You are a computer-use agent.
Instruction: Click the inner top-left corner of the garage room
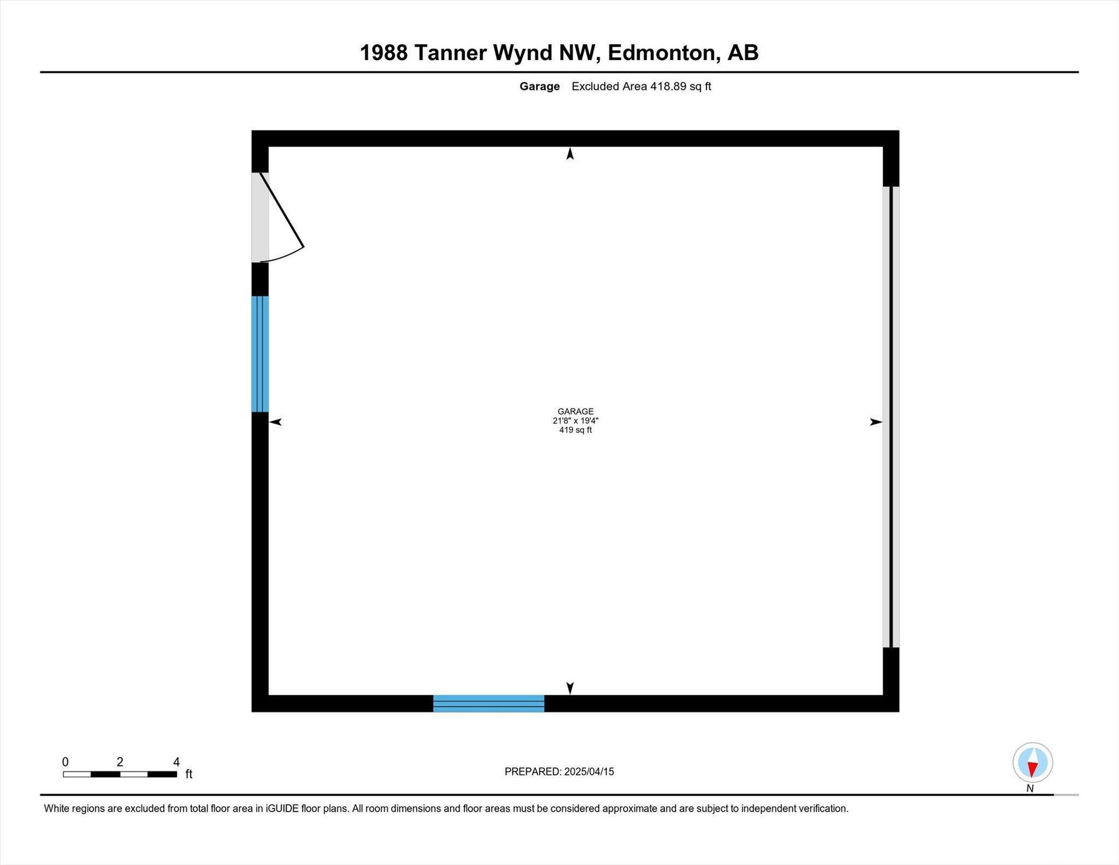[269, 147]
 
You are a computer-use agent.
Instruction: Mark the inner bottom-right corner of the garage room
[883, 695]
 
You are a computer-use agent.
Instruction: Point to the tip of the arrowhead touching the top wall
[570, 147]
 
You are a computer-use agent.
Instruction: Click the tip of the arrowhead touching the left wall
[269, 422]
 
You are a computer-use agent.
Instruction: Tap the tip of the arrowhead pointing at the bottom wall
[570, 695]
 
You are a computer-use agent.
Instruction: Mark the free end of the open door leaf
[304, 247]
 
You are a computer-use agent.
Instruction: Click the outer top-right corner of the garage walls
[899, 131]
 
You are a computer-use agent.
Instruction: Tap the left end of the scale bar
[64, 774]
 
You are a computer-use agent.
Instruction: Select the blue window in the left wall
[260, 354]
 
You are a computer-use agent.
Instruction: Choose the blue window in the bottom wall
[488, 704]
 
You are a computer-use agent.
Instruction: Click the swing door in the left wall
[277, 217]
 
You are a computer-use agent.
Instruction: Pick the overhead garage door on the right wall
[891, 417]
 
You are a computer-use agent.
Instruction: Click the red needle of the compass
[1033, 769]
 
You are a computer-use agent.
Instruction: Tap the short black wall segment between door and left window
[260, 279]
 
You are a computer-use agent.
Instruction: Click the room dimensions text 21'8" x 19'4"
[576, 421]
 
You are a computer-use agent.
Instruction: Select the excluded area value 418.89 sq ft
[681, 86]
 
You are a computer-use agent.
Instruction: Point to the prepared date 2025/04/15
[589, 772]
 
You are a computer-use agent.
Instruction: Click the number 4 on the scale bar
[177, 762]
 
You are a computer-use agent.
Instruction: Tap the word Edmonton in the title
[661, 53]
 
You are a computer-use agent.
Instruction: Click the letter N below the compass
[1030, 789]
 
